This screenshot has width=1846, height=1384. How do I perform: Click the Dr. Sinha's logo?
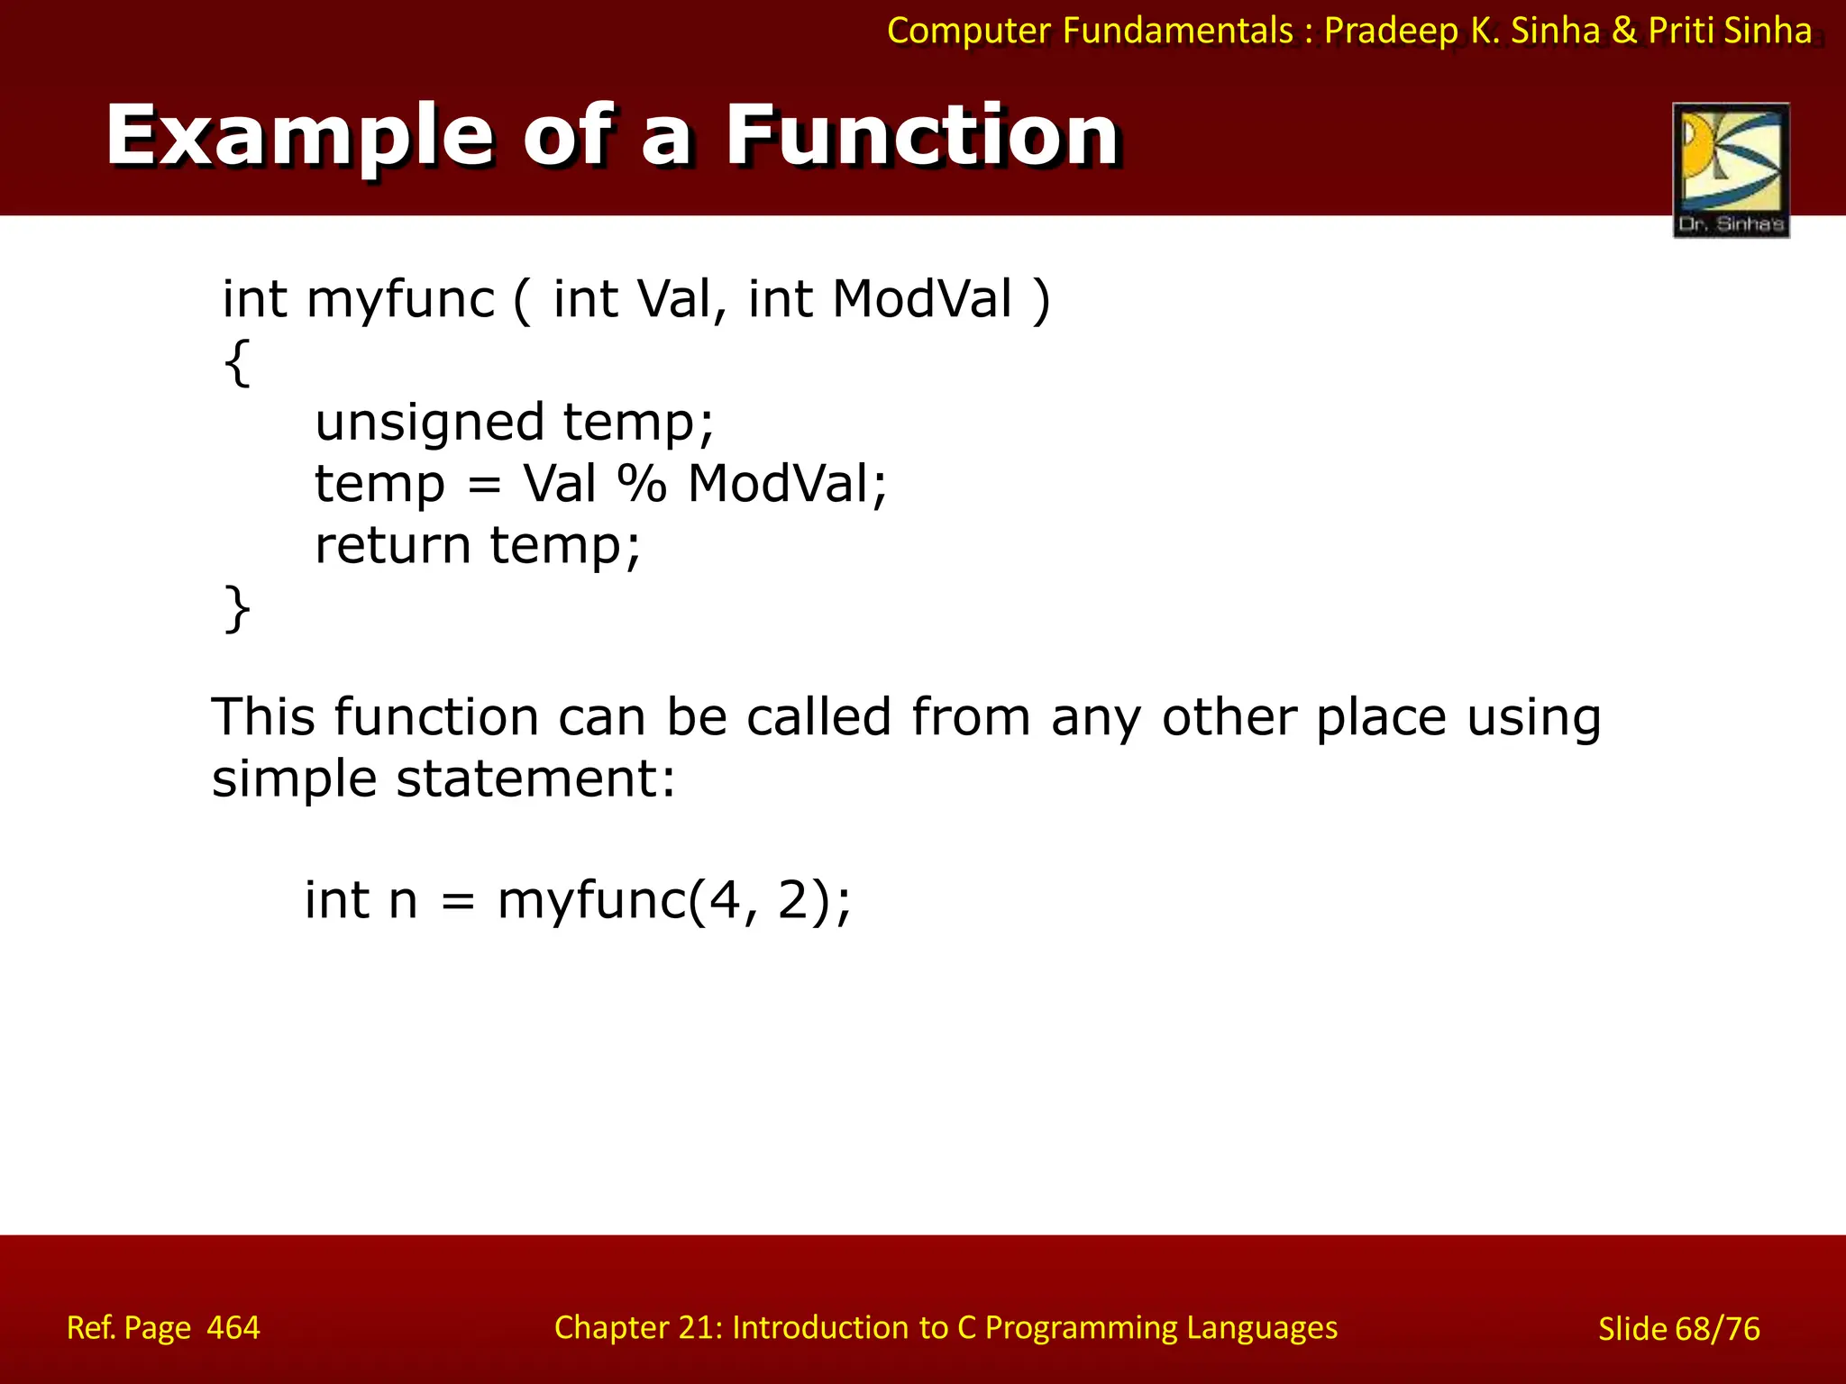[x=1731, y=169]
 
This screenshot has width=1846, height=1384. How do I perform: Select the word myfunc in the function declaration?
[x=400, y=299]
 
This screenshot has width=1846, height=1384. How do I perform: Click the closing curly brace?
[x=237, y=608]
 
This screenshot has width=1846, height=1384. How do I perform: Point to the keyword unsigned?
[x=429, y=423]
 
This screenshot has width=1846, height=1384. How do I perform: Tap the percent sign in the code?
[x=642, y=484]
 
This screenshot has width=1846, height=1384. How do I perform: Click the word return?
[x=392, y=545]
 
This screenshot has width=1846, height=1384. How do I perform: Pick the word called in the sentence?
[x=818, y=717]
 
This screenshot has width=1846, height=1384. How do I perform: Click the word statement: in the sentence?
[x=535, y=778]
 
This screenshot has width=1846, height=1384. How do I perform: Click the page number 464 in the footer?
[x=233, y=1328]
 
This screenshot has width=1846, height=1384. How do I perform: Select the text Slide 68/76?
[x=1678, y=1329]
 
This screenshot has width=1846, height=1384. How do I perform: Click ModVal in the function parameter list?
[x=922, y=299]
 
